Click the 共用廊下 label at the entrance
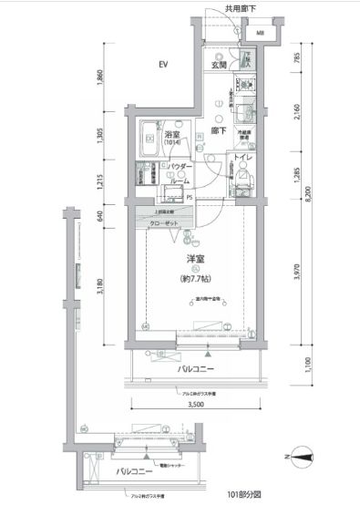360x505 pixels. (241, 8)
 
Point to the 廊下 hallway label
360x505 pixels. (219, 130)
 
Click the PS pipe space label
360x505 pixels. (190, 197)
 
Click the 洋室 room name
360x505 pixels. (188, 259)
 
